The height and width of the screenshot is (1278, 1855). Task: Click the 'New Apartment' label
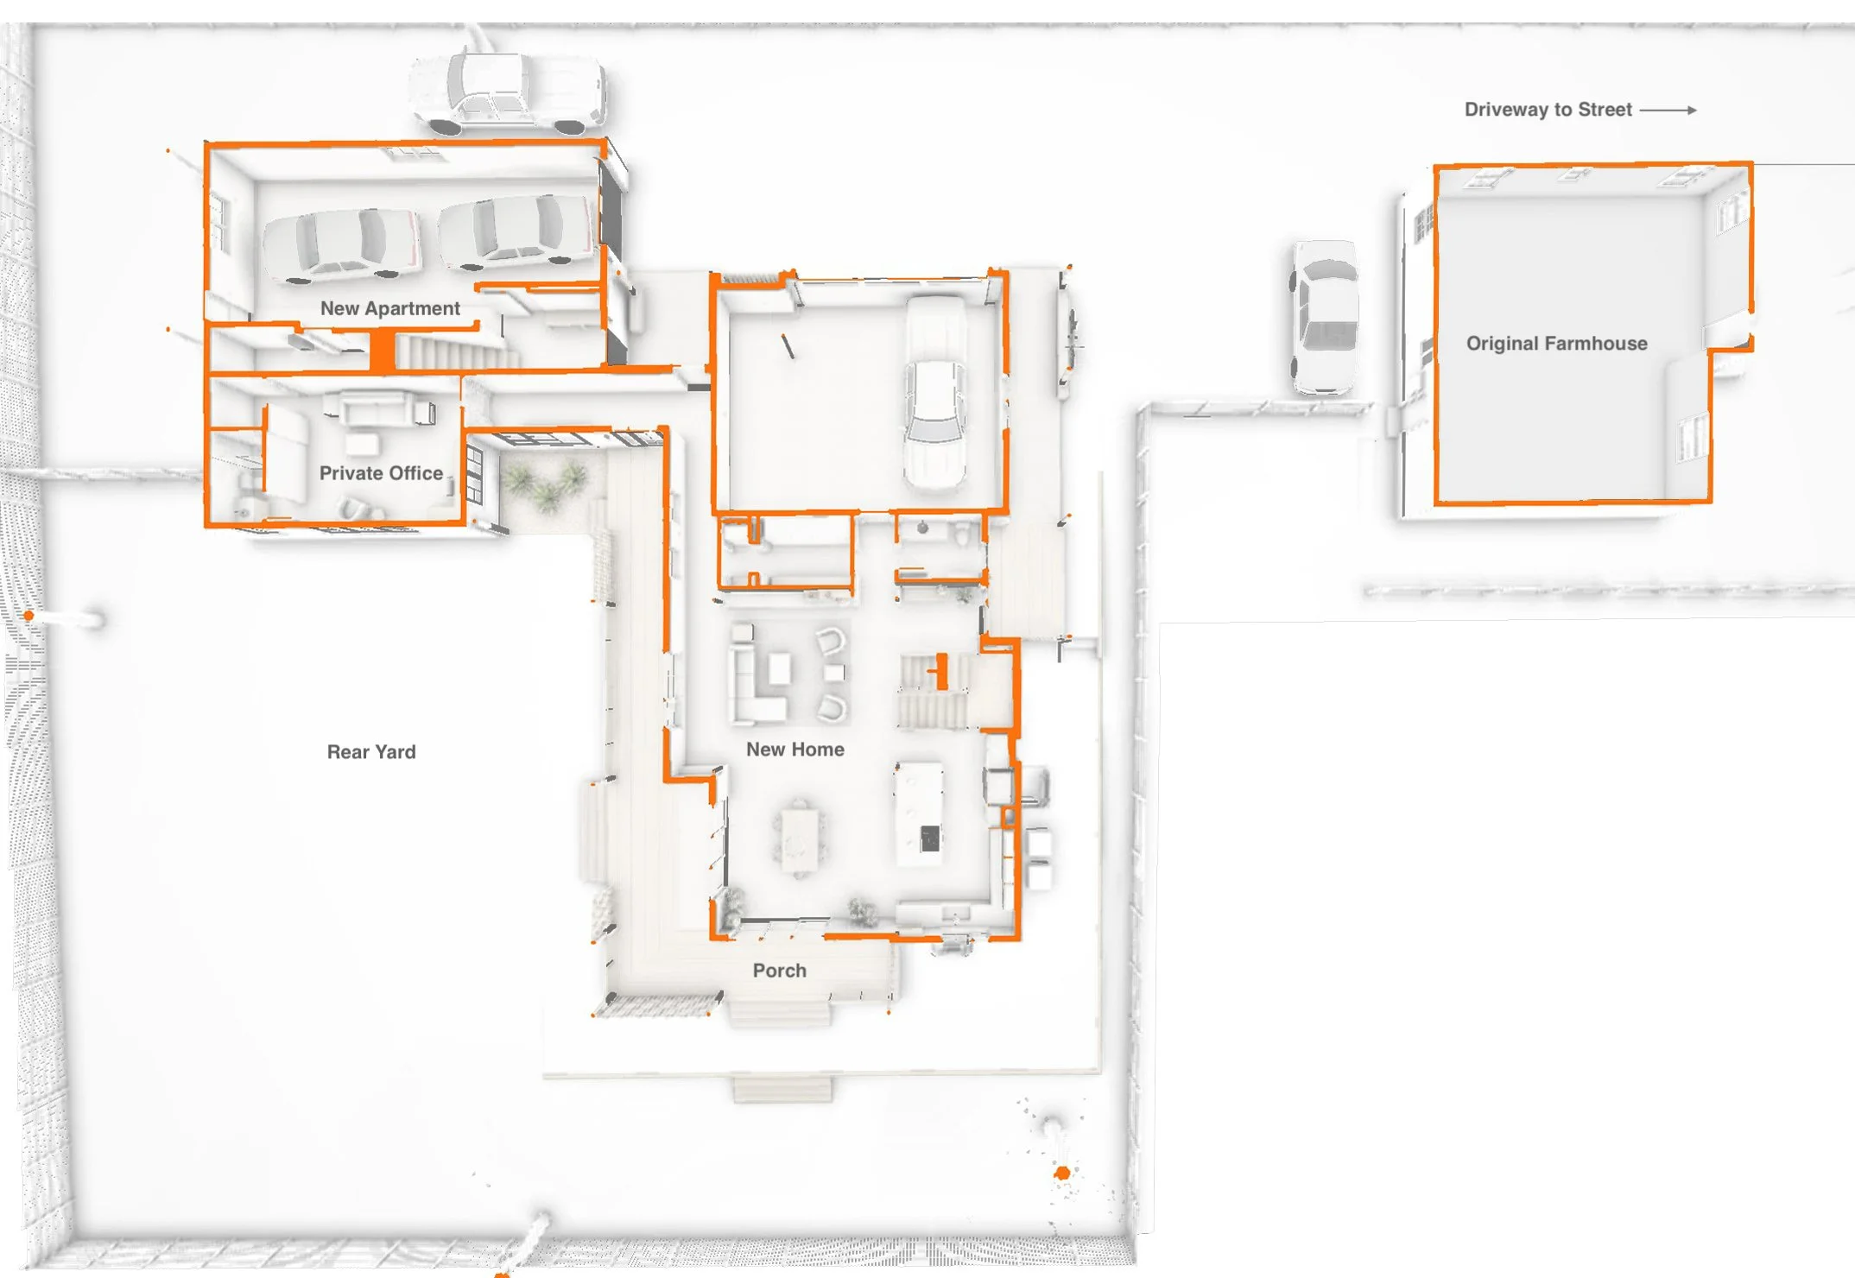coord(389,308)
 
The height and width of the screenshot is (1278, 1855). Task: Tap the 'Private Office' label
coord(381,473)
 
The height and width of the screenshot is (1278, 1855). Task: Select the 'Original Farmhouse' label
coord(1556,344)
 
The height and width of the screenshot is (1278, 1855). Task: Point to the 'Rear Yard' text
coord(371,752)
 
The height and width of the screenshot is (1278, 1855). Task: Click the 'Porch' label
coord(779,971)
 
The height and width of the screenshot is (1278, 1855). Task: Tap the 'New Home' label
coord(795,750)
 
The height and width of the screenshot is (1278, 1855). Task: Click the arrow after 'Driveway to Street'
coord(1668,111)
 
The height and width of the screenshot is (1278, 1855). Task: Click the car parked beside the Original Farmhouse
coord(1325,317)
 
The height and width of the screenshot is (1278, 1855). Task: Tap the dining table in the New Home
coord(800,839)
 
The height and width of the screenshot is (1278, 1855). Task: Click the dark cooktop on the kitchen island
coord(930,838)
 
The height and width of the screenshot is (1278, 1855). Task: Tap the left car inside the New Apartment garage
coord(342,245)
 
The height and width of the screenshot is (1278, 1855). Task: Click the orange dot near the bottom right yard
coord(1062,1173)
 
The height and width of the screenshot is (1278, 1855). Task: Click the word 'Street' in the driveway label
coord(1605,110)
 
